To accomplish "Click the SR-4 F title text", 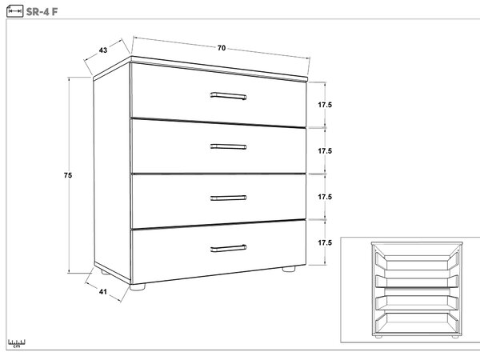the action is click(x=42, y=12).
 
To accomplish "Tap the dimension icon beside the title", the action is click(x=14, y=11).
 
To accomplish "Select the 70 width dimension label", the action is click(x=222, y=48).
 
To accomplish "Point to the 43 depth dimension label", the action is click(x=103, y=50).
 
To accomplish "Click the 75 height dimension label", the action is click(x=68, y=175).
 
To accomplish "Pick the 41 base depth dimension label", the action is click(x=103, y=292).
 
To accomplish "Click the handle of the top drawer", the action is click(x=228, y=96).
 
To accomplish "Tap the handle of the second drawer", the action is click(x=228, y=146).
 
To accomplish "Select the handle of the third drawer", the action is click(x=228, y=198).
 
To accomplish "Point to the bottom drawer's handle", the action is click(x=228, y=248).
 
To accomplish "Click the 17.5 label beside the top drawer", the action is click(x=325, y=105).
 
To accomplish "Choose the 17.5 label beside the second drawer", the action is click(x=325, y=151).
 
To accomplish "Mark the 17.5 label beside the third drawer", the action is click(x=325, y=197).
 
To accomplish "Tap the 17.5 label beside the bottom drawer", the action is click(x=325, y=242).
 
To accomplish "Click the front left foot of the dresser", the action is click(x=138, y=287).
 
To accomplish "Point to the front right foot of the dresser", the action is click(x=289, y=269).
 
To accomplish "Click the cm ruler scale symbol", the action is click(x=17, y=343).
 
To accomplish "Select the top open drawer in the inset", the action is click(x=417, y=262).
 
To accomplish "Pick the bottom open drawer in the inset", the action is click(x=417, y=322).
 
